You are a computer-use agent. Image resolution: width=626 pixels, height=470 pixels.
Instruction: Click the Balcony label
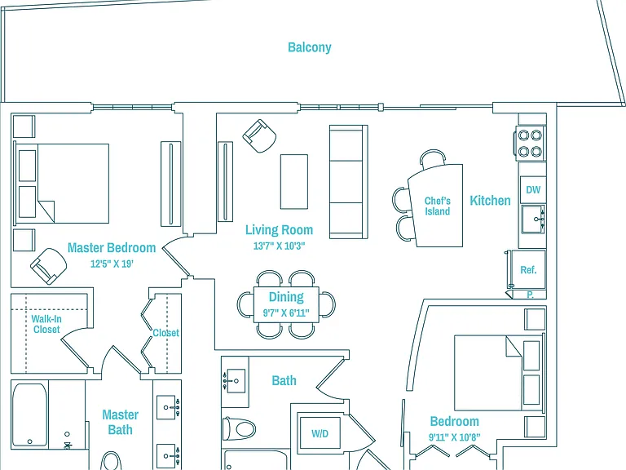tap(310, 47)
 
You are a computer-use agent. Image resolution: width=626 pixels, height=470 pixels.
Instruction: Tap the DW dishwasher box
tap(533, 189)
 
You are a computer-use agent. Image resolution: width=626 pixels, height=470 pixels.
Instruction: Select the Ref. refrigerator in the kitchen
tap(528, 270)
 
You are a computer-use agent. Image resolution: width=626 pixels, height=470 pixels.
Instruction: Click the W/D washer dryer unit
tap(320, 433)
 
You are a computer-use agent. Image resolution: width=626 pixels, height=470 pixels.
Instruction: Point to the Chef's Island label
tap(437, 206)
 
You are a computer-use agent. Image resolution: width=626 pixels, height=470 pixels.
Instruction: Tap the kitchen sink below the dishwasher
tap(533, 219)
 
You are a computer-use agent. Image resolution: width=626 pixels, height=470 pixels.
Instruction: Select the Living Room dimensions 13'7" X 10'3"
tap(279, 246)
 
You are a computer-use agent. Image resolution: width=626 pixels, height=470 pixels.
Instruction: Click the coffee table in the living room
tap(294, 182)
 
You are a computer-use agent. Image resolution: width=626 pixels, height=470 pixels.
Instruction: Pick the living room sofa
tap(349, 182)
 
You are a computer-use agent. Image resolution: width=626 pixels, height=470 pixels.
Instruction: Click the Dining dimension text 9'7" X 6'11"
tap(286, 313)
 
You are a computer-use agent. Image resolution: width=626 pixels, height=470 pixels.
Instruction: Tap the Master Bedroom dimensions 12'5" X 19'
tap(112, 264)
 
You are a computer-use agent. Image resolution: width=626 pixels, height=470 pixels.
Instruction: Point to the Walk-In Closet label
tap(46, 324)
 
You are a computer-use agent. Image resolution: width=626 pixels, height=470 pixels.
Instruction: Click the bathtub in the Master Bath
tap(30, 415)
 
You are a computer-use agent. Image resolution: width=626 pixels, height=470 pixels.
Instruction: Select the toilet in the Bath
tap(239, 429)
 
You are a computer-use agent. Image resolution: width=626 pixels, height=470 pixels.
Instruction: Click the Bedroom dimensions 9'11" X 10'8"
tap(455, 437)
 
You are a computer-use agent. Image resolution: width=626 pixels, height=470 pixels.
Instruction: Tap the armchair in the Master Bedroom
tap(49, 266)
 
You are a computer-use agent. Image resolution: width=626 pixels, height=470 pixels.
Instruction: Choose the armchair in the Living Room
tap(259, 136)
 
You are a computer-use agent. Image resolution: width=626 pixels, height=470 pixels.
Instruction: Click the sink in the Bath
tap(234, 381)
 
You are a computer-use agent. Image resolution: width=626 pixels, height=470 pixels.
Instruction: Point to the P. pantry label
tap(530, 295)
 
